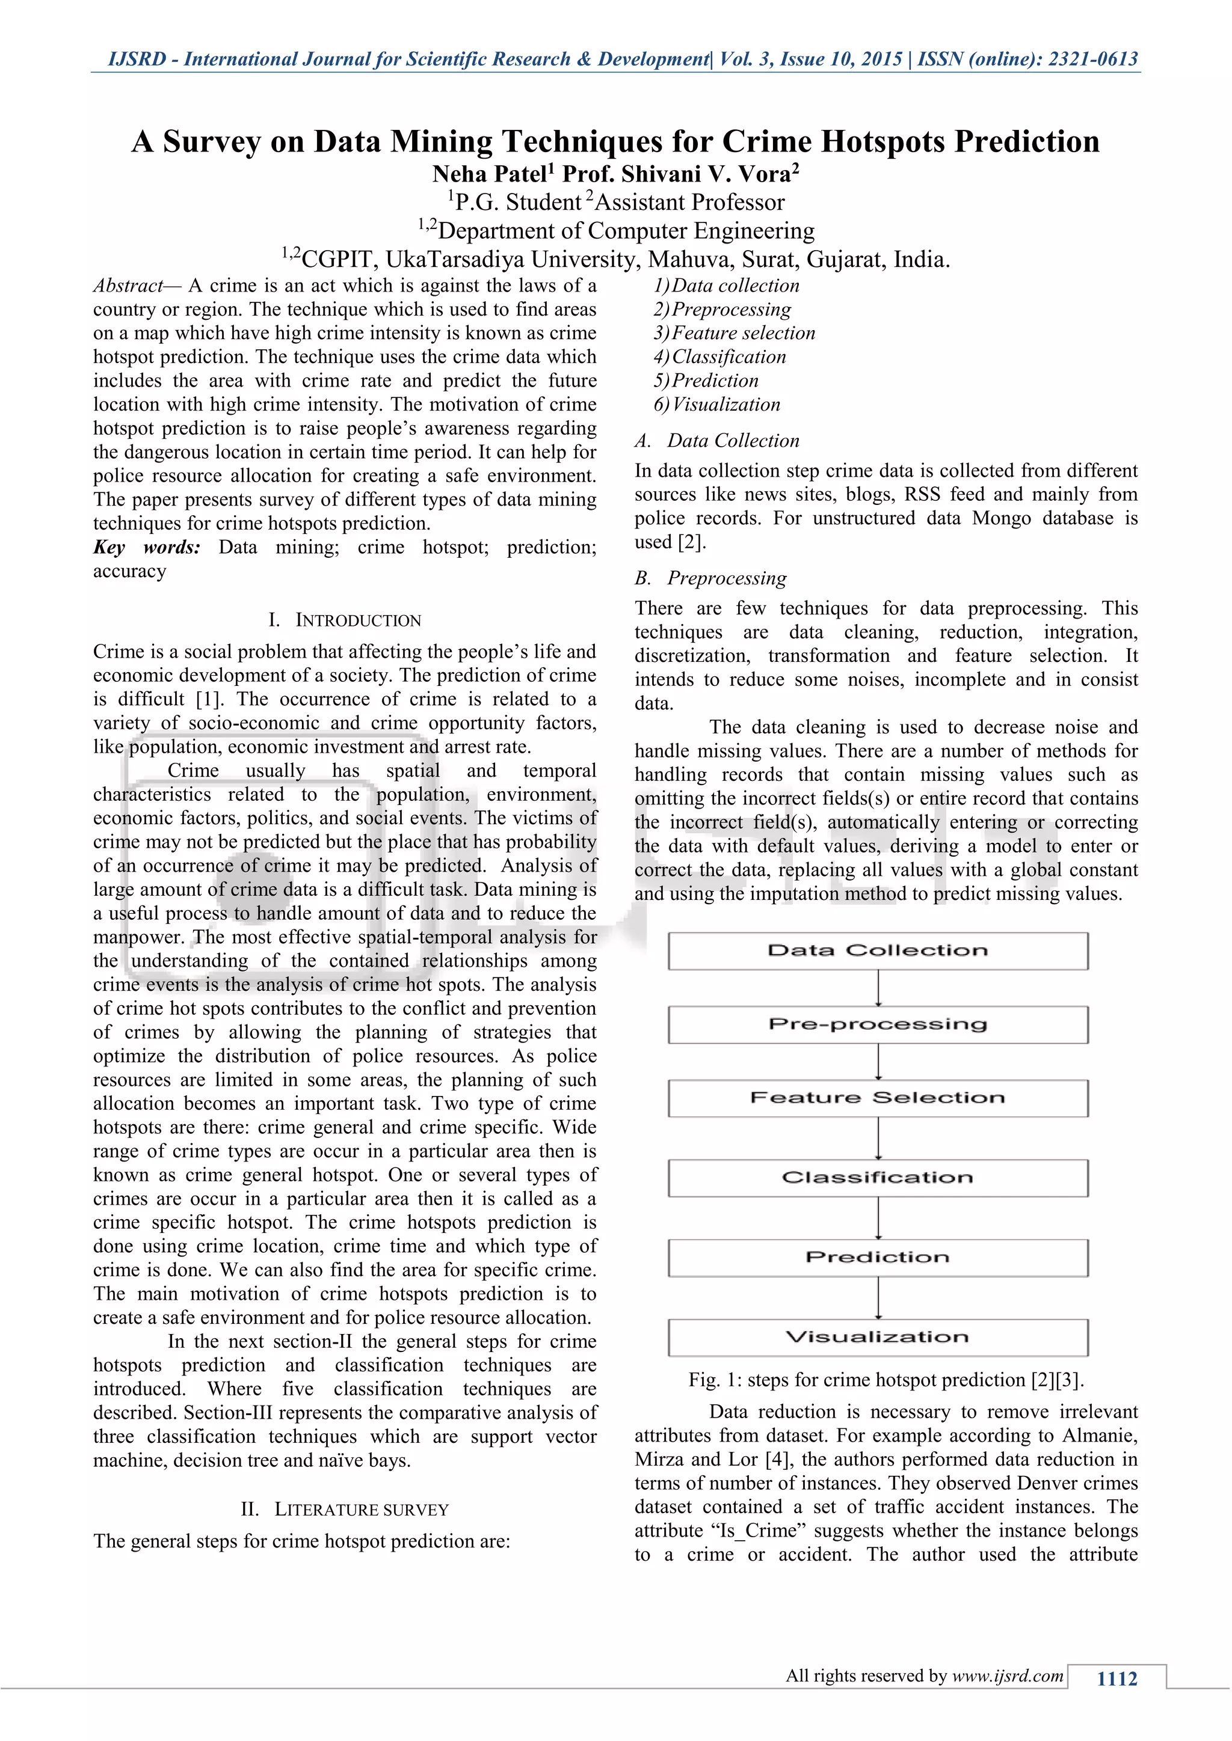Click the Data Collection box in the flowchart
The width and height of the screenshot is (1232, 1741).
pyautogui.click(x=878, y=951)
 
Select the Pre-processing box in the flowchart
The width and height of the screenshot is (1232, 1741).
pyautogui.click(x=878, y=1024)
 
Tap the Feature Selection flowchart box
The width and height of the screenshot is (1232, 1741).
pyautogui.click(x=878, y=1098)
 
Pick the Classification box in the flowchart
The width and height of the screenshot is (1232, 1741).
pyautogui.click(x=878, y=1178)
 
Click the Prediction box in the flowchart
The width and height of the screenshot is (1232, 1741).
pyautogui.click(x=878, y=1257)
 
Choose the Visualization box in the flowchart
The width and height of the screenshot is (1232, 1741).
pyautogui.click(x=878, y=1337)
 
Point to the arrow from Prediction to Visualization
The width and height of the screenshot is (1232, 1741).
pyautogui.click(x=878, y=1297)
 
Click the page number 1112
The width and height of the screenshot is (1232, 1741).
pyautogui.click(x=1116, y=1679)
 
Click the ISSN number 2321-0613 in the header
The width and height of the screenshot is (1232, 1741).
pyautogui.click(x=1092, y=59)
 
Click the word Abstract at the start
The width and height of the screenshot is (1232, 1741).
pyautogui.click(x=128, y=286)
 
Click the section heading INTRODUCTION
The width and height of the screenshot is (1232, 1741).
pyautogui.click(x=357, y=620)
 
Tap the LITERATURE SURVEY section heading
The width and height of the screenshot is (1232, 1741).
pyautogui.click(x=361, y=1510)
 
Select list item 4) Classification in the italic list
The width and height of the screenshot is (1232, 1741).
pyautogui.click(x=720, y=357)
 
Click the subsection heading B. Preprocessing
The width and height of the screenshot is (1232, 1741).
pyautogui.click(x=711, y=578)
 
